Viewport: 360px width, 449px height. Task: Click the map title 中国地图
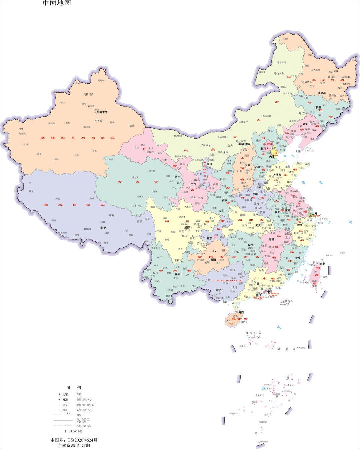coord(57,3)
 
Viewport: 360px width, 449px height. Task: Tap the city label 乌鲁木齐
coord(102,112)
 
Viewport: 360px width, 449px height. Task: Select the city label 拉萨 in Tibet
coord(104,228)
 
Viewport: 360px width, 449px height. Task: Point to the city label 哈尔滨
coord(321,93)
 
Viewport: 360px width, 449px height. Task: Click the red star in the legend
coord(59,394)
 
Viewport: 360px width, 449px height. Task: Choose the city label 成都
coord(187,227)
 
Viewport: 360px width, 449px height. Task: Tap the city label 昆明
coord(177,274)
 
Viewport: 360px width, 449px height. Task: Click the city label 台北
coord(322,264)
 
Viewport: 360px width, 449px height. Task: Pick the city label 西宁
coord(177,177)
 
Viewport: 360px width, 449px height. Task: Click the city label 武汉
coord(258,225)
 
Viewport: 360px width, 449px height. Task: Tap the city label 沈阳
coord(306,124)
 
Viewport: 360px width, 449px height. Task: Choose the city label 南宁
coord(219,290)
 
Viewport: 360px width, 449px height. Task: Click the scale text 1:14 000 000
coord(73,431)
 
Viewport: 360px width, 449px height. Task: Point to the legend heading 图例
coord(74,388)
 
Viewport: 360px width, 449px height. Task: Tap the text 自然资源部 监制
coord(74,445)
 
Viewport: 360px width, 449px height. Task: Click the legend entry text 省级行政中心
coord(84,400)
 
